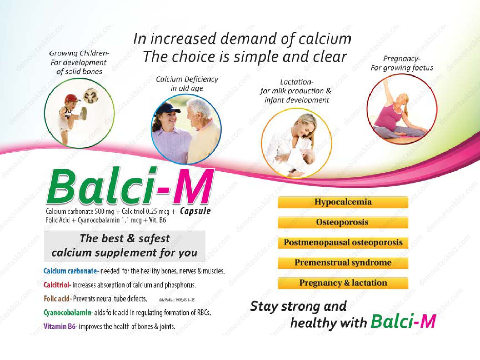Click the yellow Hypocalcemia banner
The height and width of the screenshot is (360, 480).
click(x=343, y=202)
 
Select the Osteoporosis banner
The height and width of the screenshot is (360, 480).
click(x=343, y=222)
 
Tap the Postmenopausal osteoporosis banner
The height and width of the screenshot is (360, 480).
click(x=343, y=242)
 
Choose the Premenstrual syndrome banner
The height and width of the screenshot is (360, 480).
click(x=343, y=263)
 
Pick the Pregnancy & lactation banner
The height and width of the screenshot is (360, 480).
click(x=343, y=283)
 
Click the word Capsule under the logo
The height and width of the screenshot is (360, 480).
click(x=195, y=211)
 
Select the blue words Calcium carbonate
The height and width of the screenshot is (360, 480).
click(x=70, y=271)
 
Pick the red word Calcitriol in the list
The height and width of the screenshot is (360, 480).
click(x=56, y=285)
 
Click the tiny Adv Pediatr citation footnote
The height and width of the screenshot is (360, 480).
click(x=177, y=300)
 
